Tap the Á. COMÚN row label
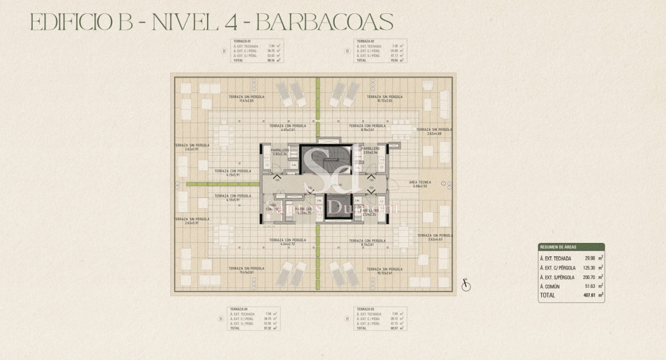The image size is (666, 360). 550,286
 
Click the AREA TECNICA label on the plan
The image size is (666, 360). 421,182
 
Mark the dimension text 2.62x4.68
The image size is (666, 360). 435,134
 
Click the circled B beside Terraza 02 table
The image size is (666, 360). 347,51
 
